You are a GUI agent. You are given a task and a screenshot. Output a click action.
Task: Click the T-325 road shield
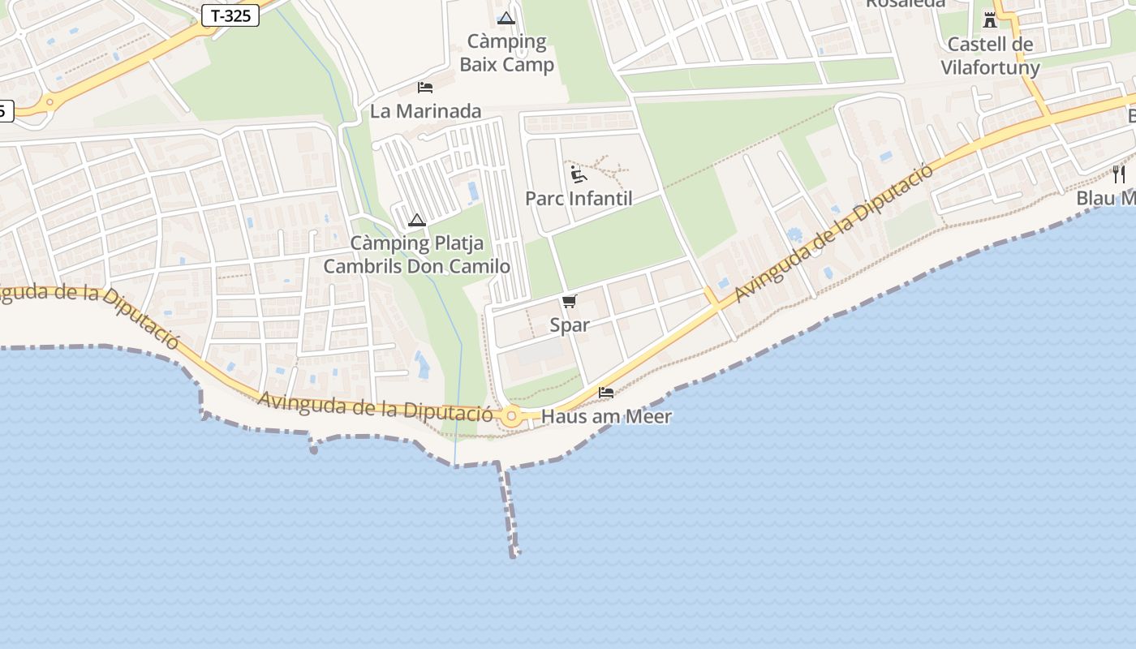coord(230,15)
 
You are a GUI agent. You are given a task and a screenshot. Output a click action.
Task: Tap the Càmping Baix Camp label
coord(507,53)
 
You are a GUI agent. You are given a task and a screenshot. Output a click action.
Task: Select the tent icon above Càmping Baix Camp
coord(506,18)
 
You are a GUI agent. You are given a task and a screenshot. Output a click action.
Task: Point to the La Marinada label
coord(426,111)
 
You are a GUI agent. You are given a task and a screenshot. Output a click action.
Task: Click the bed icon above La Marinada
coord(425,87)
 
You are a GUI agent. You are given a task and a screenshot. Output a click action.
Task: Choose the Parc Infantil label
coord(579,198)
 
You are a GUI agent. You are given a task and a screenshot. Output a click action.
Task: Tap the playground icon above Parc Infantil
coord(578,174)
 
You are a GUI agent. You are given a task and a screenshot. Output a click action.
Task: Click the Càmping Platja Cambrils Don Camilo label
coord(417,254)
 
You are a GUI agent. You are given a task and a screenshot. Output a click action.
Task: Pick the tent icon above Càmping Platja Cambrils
coord(417,220)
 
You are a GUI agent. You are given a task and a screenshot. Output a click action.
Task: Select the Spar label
coord(570,325)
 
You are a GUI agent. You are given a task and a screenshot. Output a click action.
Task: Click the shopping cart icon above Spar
coord(570,302)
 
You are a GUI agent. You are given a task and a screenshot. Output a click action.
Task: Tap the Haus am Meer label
coord(606,417)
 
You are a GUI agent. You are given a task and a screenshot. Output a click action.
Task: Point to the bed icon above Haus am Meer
coord(606,393)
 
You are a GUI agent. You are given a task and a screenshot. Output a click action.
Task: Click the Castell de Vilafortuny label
coord(990,55)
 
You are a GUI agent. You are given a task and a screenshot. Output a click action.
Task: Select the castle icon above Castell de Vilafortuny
coord(990,19)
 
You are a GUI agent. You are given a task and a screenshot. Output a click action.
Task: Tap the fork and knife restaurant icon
coord(1119,174)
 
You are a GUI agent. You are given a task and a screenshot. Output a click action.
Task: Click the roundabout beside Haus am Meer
coord(511,417)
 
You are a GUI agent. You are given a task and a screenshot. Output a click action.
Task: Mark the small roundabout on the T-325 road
coord(49,102)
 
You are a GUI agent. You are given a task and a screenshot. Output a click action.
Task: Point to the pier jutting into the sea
coord(510,511)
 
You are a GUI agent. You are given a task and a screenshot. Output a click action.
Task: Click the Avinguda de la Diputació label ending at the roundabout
coord(375,406)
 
